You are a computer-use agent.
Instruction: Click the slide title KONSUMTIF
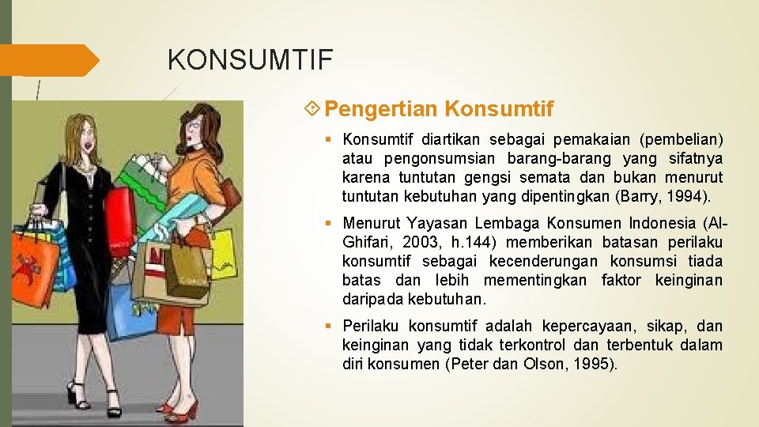[x=251, y=59]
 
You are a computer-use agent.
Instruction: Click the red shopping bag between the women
[x=120, y=211]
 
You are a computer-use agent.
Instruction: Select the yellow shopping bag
[x=223, y=249]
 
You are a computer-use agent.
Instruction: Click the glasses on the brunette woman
[x=193, y=126]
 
